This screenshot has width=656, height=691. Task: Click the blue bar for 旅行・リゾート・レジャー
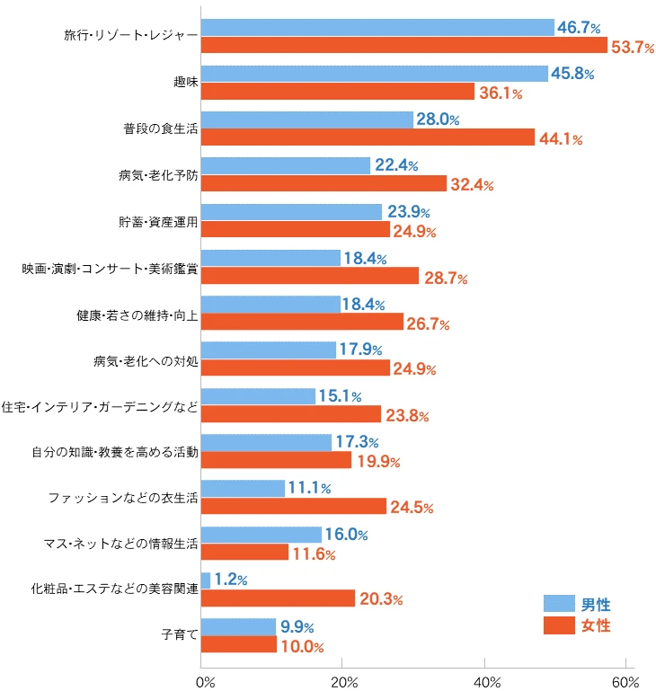click(x=377, y=28)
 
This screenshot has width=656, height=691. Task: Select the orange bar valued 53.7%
click(x=403, y=45)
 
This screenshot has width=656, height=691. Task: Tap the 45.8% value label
click(x=572, y=74)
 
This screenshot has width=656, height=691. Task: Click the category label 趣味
click(x=185, y=83)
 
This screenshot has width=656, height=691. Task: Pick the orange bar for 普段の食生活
click(x=368, y=137)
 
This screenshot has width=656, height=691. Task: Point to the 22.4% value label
click(x=395, y=165)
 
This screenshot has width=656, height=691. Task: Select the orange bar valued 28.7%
click(x=310, y=276)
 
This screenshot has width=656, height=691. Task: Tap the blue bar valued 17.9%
click(x=269, y=350)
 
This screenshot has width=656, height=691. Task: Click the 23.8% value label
click(x=406, y=415)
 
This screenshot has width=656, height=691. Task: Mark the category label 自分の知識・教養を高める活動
click(x=114, y=452)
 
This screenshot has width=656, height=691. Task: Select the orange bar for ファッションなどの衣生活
click(x=294, y=507)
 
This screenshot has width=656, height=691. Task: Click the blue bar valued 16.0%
click(x=261, y=535)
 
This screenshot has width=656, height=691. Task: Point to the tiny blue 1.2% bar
click(x=206, y=580)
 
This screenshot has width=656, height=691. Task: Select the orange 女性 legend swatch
click(x=558, y=625)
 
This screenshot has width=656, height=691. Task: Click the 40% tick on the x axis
click(x=485, y=680)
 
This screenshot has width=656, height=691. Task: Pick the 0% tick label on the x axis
click(x=205, y=680)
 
